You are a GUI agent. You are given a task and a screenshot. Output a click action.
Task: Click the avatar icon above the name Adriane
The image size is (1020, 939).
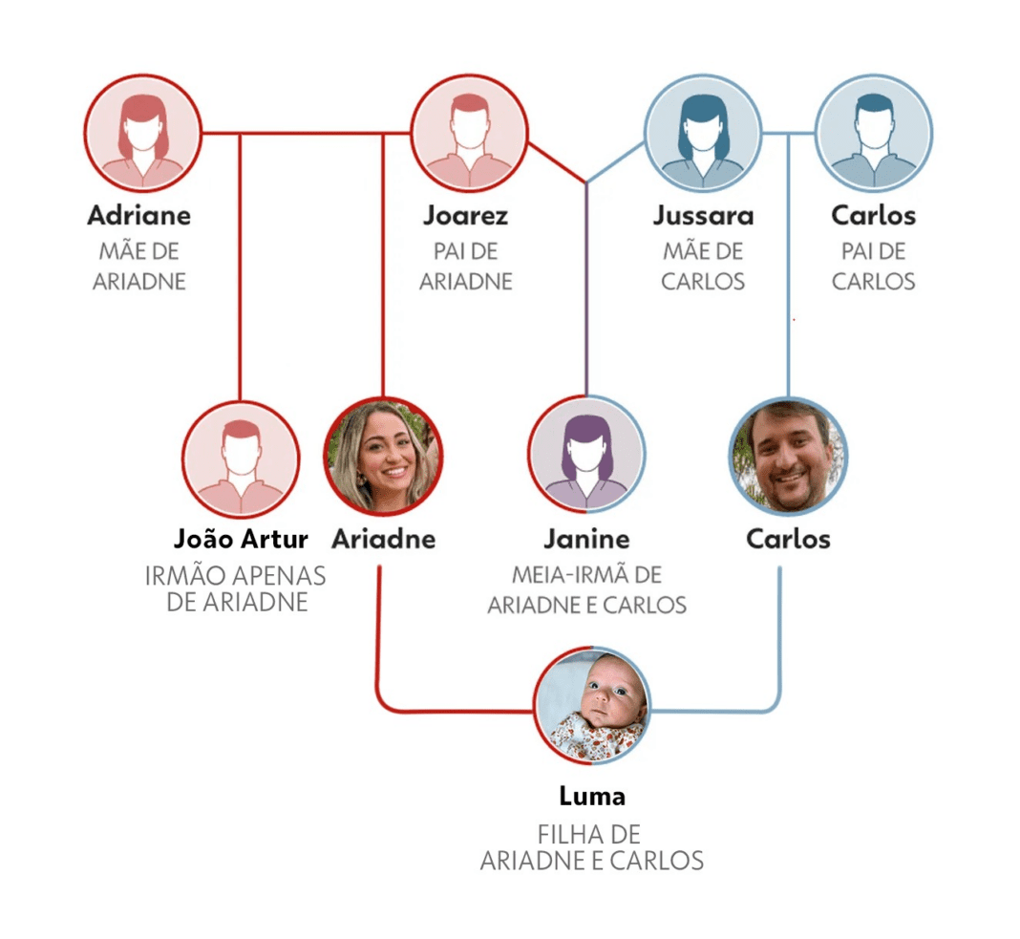pos(142,133)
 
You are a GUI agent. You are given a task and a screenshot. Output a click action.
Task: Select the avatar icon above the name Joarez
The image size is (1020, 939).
pos(469,133)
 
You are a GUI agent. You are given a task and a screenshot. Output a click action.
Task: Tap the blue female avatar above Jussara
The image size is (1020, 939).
pos(703,133)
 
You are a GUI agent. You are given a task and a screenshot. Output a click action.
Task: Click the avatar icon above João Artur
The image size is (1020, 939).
pos(241,459)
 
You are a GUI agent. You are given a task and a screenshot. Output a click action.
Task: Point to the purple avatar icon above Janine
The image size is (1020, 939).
pos(586,454)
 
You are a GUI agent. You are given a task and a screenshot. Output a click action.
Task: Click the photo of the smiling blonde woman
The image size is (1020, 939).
pos(383,457)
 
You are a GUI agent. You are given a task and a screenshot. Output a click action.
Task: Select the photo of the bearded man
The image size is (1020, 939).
pos(788,457)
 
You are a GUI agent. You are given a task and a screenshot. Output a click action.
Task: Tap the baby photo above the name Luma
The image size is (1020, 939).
pos(592,706)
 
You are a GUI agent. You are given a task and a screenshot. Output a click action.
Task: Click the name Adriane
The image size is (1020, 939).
pos(139,216)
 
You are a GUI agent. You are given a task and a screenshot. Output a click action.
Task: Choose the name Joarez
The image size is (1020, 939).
pos(465,216)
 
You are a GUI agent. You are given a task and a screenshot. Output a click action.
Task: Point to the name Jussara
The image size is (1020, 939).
pos(703,216)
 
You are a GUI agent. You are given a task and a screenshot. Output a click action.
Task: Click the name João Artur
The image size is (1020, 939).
pos(242,540)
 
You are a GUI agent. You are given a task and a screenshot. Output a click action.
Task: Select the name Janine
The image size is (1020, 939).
pos(586,540)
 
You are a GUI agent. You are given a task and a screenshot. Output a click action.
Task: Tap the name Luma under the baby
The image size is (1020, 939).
pos(592,796)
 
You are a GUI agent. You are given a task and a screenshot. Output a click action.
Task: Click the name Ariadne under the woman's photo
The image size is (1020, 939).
pos(383,540)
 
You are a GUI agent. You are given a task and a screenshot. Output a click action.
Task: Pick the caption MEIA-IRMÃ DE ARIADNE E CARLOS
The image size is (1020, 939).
pos(586,590)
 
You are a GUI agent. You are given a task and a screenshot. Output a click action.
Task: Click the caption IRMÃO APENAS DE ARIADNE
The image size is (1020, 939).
pos(236,589)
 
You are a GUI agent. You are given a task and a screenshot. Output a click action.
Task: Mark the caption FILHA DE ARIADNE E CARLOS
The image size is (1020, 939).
pos(592,847)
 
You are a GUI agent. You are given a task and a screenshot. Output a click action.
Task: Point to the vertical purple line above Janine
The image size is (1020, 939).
pos(586,287)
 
